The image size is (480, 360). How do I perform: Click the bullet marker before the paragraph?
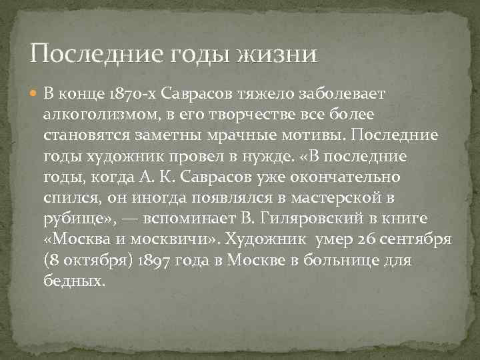tap(35, 93)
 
